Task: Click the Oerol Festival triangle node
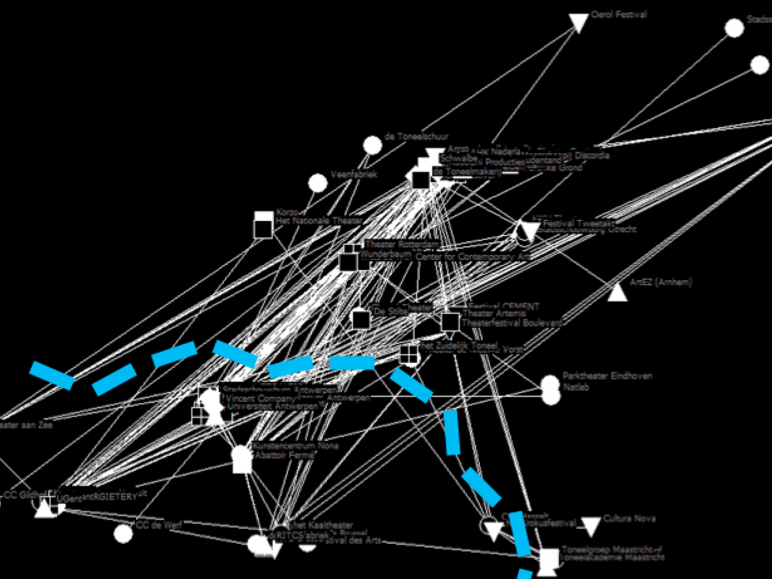(578, 22)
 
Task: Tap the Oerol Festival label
(618, 15)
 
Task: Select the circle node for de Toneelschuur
(372, 145)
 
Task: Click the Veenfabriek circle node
(318, 183)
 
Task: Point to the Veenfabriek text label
(354, 175)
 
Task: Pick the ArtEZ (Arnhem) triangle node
(617, 292)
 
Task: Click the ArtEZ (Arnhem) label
(661, 282)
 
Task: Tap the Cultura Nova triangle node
(591, 526)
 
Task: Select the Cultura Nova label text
(629, 519)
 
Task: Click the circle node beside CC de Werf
(123, 534)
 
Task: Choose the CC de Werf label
(159, 525)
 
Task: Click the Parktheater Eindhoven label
(607, 376)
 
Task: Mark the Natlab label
(576, 387)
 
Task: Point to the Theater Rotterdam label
(402, 245)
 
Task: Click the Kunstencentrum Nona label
(296, 446)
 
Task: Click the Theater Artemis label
(494, 313)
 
